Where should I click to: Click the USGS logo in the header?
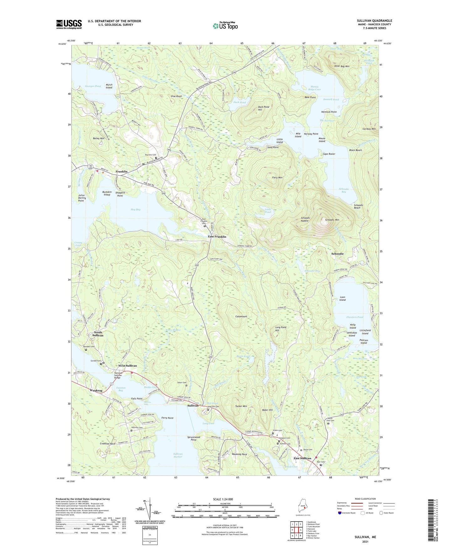tap(69, 24)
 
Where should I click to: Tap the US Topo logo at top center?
tap(225, 26)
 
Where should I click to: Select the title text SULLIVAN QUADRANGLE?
tap(374, 21)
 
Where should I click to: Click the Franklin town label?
tap(122, 172)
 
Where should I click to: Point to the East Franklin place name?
tap(217, 237)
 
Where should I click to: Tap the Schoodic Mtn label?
tap(332, 220)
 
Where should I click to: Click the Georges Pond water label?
tap(93, 86)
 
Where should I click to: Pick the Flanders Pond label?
tap(355, 317)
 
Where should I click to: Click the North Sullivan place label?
tap(98, 334)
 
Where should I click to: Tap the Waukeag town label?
tap(96, 390)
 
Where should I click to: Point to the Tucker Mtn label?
tap(241, 406)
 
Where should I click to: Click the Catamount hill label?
tap(241, 316)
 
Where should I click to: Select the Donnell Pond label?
tap(331, 99)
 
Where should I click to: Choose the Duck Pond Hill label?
tap(263, 108)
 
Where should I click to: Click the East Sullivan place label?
tap(302, 458)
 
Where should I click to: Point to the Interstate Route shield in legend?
tap(340, 513)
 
